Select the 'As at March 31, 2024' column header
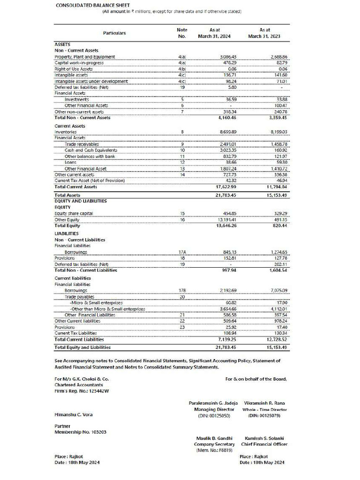pyautogui.click(x=214, y=33)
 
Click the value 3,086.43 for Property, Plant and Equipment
pyautogui.click(x=228, y=57)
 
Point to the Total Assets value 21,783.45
pyautogui.click(x=227, y=195)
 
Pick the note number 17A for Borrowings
pyautogui.click(x=182, y=252)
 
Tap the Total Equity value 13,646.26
pyautogui.click(x=226, y=225)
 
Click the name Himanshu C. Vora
pyautogui.click(x=74, y=414)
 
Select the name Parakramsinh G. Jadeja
pyautogui.click(x=213, y=403)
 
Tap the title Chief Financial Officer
pyautogui.click(x=264, y=444)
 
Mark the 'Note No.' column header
pyautogui.click(x=182, y=33)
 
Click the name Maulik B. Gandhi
pyautogui.click(x=214, y=438)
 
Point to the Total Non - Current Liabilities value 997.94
pyautogui.click(x=229, y=270)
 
